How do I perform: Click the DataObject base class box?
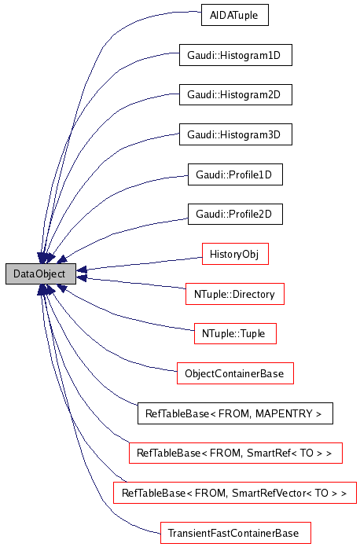coord(40,273)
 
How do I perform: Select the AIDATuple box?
coord(235,15)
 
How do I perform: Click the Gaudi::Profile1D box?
coord(234,174)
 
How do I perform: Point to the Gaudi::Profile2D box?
coord(234,214)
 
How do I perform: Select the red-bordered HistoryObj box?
coord(235,254)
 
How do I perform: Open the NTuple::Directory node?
coord(234,294)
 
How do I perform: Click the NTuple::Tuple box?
coord(235,333)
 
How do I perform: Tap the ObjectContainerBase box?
coord(235,373)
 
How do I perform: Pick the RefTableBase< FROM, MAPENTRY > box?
coord(235,413)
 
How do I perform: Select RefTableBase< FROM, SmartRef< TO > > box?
coord(235,453)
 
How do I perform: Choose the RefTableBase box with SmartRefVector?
coord(235,493)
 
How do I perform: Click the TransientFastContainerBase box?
coord(235,533)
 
